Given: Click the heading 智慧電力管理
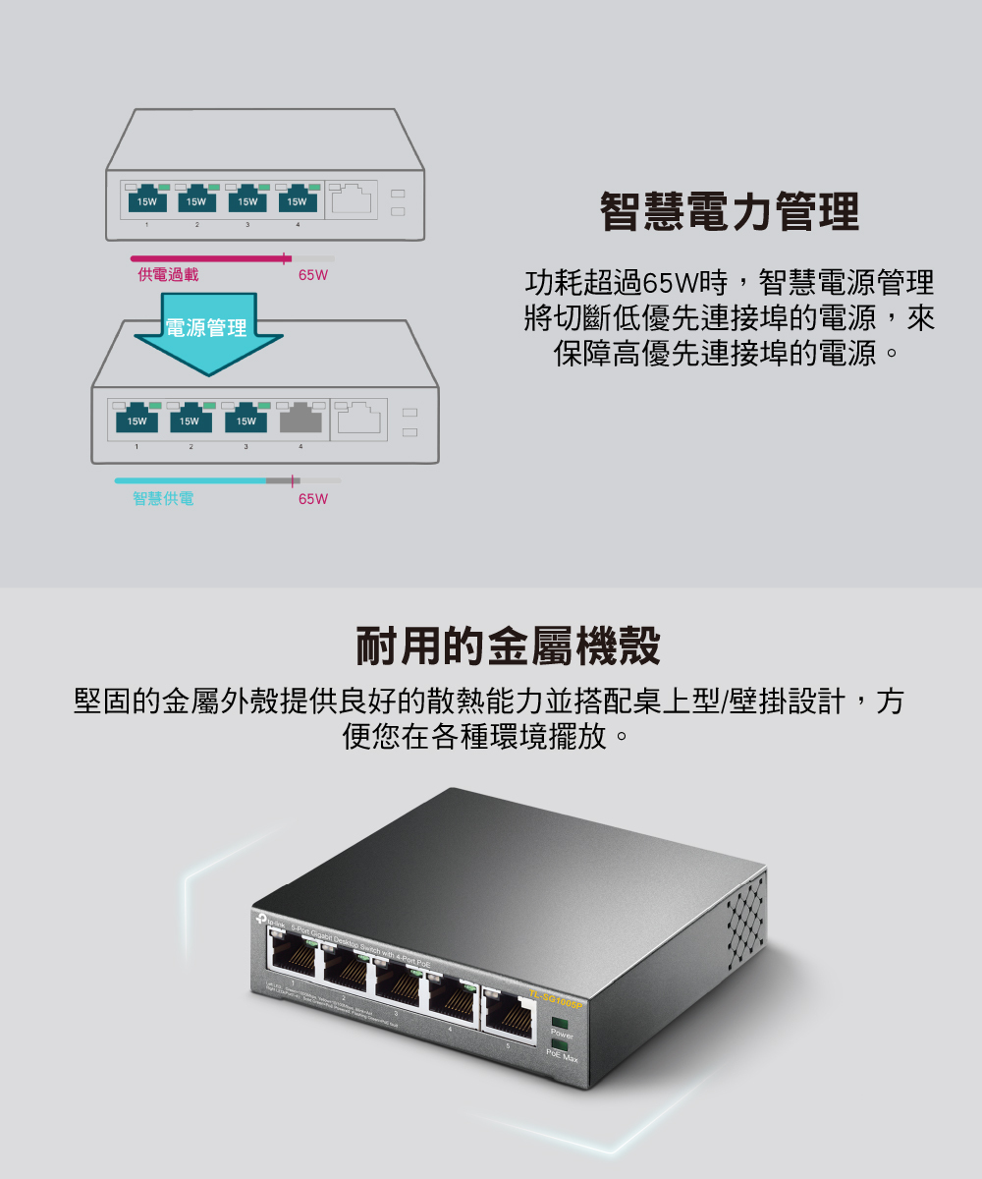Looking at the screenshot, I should (x=730, y=212).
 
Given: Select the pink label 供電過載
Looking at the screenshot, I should (x=168, y=275).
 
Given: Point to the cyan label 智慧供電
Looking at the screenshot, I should (x=163, y=499).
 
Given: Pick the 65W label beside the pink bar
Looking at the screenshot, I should (x=312, y=275).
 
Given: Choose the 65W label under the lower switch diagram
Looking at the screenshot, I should (x=313, y=499).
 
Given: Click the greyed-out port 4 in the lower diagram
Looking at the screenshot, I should (x=300, y=420).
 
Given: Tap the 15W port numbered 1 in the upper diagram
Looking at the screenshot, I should (x=147, y=200).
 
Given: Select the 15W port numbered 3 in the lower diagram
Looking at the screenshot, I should (x=245, y=420).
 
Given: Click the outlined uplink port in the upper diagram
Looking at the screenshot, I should (x=352, y=199).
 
